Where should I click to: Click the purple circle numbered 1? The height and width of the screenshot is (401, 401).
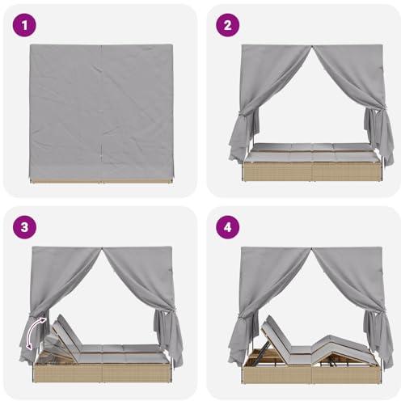(x=24, y=26)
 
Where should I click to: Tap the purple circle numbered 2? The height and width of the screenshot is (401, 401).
(x=228, y=26)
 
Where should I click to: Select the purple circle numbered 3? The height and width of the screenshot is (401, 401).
(x=24, y=227)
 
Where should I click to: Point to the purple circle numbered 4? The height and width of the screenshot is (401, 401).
(x=228, y=227)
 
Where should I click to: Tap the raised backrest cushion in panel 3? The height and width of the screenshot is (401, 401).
(x=67, y=336)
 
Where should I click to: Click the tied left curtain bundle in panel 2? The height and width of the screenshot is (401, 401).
(x=243, y=135)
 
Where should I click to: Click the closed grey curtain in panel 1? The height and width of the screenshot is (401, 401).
(x=101, y=112)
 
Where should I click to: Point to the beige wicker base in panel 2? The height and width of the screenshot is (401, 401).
(x=313, y=171)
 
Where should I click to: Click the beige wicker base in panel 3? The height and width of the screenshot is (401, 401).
(x=102, y=373)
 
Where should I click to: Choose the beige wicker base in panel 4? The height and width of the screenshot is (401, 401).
(x=313, y=374)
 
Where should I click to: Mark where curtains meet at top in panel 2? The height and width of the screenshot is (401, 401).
(x=312, y=46)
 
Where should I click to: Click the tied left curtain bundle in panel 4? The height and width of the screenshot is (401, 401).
(x=242, y=337)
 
